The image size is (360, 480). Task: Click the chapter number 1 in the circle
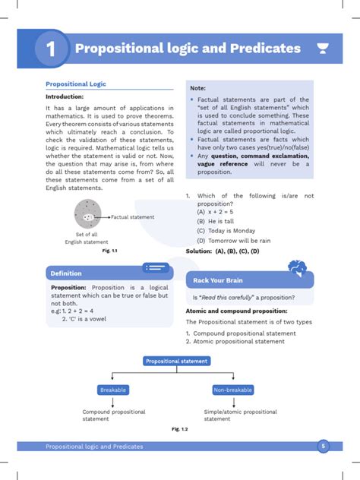point(51,49)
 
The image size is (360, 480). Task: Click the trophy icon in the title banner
point(323,49)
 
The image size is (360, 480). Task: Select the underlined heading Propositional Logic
point(76,84)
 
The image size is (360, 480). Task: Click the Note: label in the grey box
point(199,88)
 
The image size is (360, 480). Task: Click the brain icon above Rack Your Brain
point(298,267)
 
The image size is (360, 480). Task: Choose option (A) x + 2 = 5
point(219,213)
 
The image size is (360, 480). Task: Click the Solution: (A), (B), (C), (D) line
point(223,251)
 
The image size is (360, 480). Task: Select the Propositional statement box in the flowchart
point(177,362)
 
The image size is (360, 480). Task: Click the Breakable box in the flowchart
point(113,390)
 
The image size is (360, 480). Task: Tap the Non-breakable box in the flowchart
point(233,390)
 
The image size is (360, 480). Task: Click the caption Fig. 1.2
point(179,429)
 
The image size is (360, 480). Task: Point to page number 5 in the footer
point(323,447)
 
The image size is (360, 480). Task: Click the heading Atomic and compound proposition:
point(236,311)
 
